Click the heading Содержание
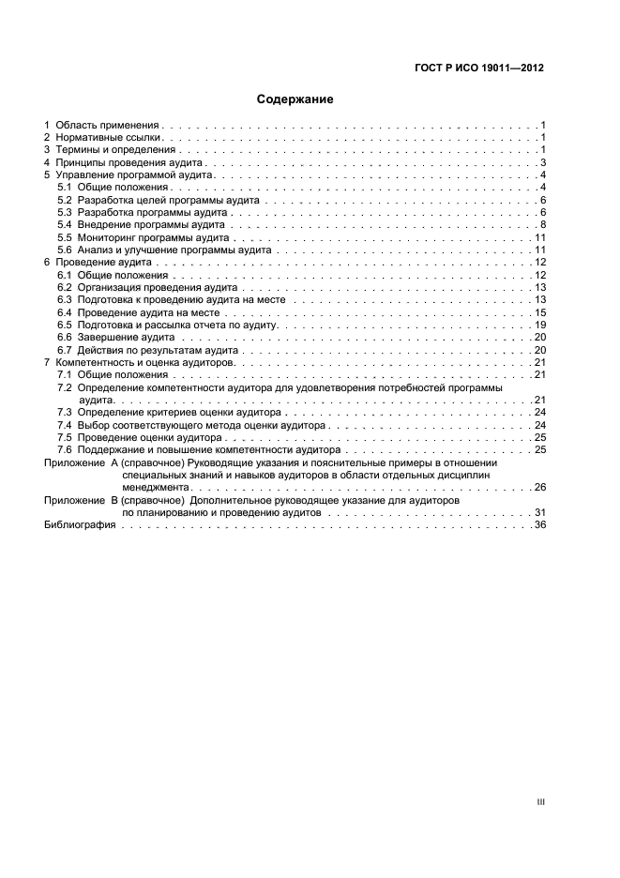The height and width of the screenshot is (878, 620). [x=295, y=98]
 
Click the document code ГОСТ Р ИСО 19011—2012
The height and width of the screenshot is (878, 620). [x=479, y=68]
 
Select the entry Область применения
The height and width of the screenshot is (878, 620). [x=108, y=125]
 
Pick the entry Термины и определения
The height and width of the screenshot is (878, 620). [x=114, y=150]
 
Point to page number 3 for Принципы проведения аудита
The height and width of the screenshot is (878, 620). [x=543, y=163]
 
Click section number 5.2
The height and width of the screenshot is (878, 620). [x=65, y=201]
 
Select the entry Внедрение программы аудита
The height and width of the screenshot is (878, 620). [x=150, y=225]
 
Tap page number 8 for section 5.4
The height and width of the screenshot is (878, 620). [x=543, y=225]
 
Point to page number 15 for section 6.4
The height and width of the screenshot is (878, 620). [x=540, y=312]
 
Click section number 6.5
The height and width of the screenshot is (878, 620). [x=65, y=325]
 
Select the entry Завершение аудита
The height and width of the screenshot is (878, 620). [x=127, y=337]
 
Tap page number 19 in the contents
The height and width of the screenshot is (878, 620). [x=540, y=325]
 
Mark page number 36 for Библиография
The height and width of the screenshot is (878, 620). [x=540, y=525]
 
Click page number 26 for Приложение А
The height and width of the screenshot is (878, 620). [x=540, y=488]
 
